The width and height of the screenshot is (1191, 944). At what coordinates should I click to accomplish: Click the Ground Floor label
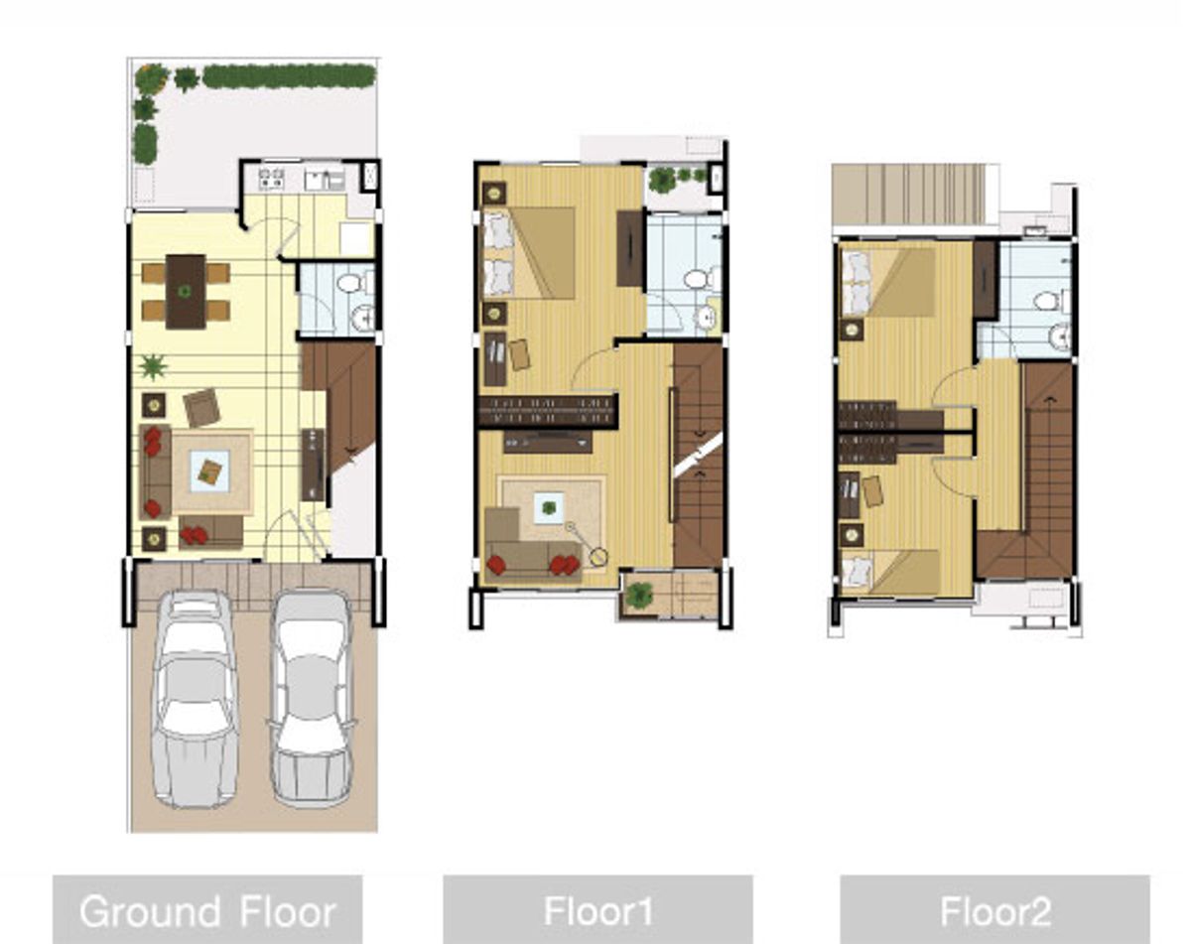207,912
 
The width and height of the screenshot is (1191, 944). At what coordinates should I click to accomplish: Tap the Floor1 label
598,911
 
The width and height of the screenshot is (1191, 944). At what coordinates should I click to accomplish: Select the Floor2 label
995,912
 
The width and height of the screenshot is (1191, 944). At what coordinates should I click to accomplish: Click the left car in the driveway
195,700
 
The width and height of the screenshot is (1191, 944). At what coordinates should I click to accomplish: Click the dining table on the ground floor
186,292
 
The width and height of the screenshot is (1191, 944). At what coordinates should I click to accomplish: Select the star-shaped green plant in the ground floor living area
152,367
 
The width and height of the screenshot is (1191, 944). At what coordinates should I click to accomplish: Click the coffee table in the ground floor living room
209,472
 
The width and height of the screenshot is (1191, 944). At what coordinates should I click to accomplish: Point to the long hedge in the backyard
289,75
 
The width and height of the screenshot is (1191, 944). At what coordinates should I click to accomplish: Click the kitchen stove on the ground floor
271,178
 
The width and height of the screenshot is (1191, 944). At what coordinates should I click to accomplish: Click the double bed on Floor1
529,253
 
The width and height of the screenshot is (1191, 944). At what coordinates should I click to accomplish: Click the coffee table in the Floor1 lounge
549,507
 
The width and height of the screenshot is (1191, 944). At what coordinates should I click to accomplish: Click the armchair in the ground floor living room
201,408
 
